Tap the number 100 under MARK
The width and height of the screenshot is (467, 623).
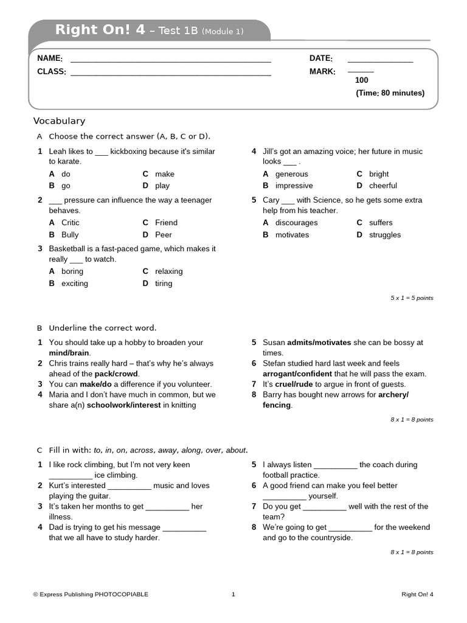point(362,80)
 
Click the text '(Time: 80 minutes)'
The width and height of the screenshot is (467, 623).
point(390,93)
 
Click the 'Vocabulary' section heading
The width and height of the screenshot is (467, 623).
point(59,121)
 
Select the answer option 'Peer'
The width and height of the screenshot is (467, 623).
point(164,235)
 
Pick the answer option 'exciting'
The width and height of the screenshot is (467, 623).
point(74,284)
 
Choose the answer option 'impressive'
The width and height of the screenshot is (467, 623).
point(294,186)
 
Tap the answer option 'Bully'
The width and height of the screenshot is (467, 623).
point(70,235)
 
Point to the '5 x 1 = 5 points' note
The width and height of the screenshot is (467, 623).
point(412,298)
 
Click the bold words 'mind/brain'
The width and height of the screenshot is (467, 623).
point(69,353)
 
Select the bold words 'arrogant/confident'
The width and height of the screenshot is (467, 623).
point(297,374)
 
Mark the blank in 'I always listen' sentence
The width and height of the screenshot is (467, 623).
point(336,465)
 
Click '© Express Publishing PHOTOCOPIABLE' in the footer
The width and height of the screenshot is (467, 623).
point(91,594)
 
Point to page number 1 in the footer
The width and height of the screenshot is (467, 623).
point(233,594)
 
